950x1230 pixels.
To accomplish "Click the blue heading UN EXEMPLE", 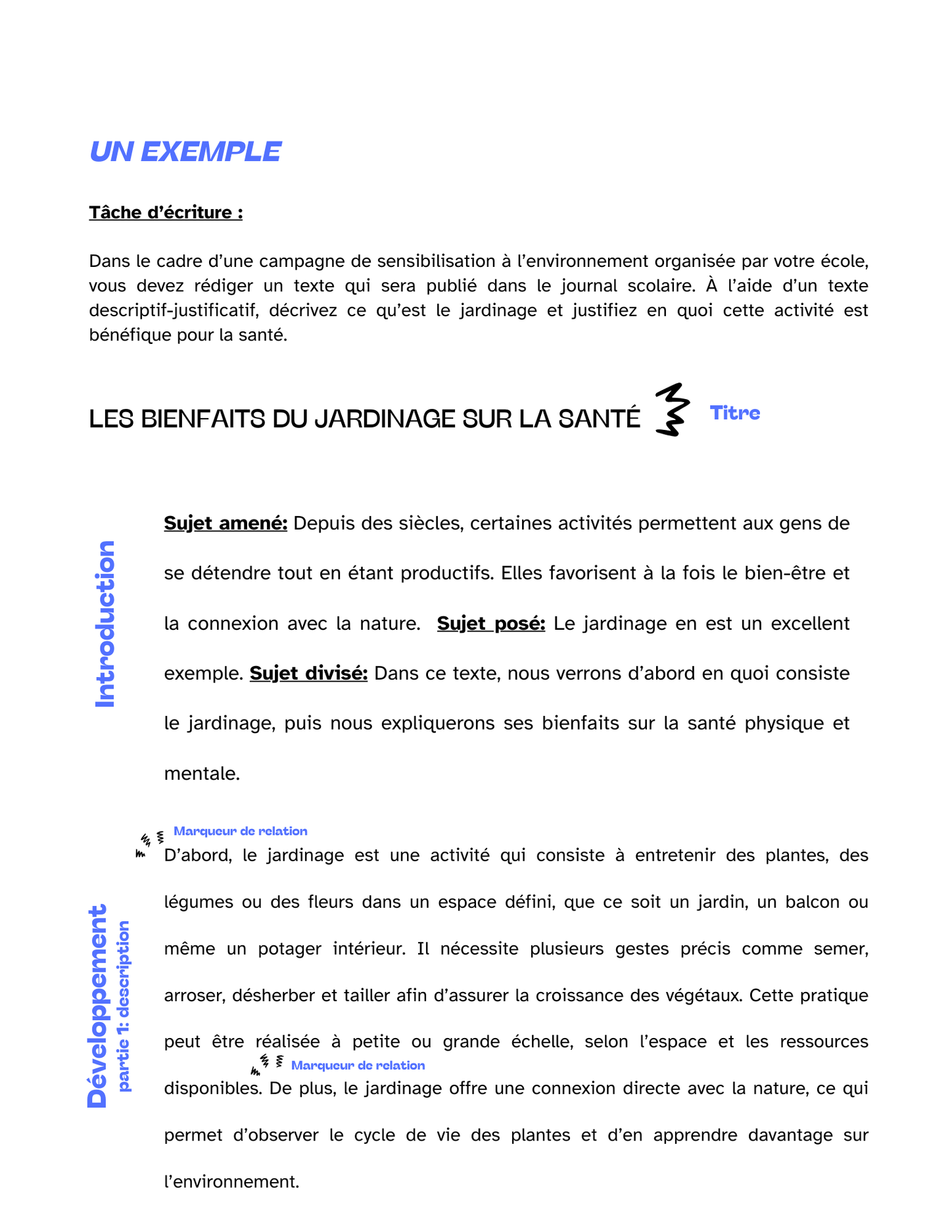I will click(185, 152).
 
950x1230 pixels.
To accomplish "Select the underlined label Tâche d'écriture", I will click(166, 212).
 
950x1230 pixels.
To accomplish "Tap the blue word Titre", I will click(734, 413).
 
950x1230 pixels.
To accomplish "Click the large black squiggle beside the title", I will click(672, 410).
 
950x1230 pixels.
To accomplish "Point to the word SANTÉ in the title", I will click(599, 419).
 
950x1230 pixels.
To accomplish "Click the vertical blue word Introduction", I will click(105, 624).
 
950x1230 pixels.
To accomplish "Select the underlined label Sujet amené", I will click(226, 523).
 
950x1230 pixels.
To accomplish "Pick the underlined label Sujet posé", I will click(490, 623).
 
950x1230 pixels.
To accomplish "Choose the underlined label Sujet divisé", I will click(308, 673).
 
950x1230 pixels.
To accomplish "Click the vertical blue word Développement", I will click(97, 1006).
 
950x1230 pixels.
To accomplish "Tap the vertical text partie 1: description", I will click(124, 1006).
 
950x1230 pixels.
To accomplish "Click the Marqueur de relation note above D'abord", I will click(240, 831).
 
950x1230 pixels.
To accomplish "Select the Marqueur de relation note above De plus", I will click(358, 1065).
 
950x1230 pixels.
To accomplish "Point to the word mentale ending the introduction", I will click(201, 774).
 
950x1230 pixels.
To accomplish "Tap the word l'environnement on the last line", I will click(231, 1181).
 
